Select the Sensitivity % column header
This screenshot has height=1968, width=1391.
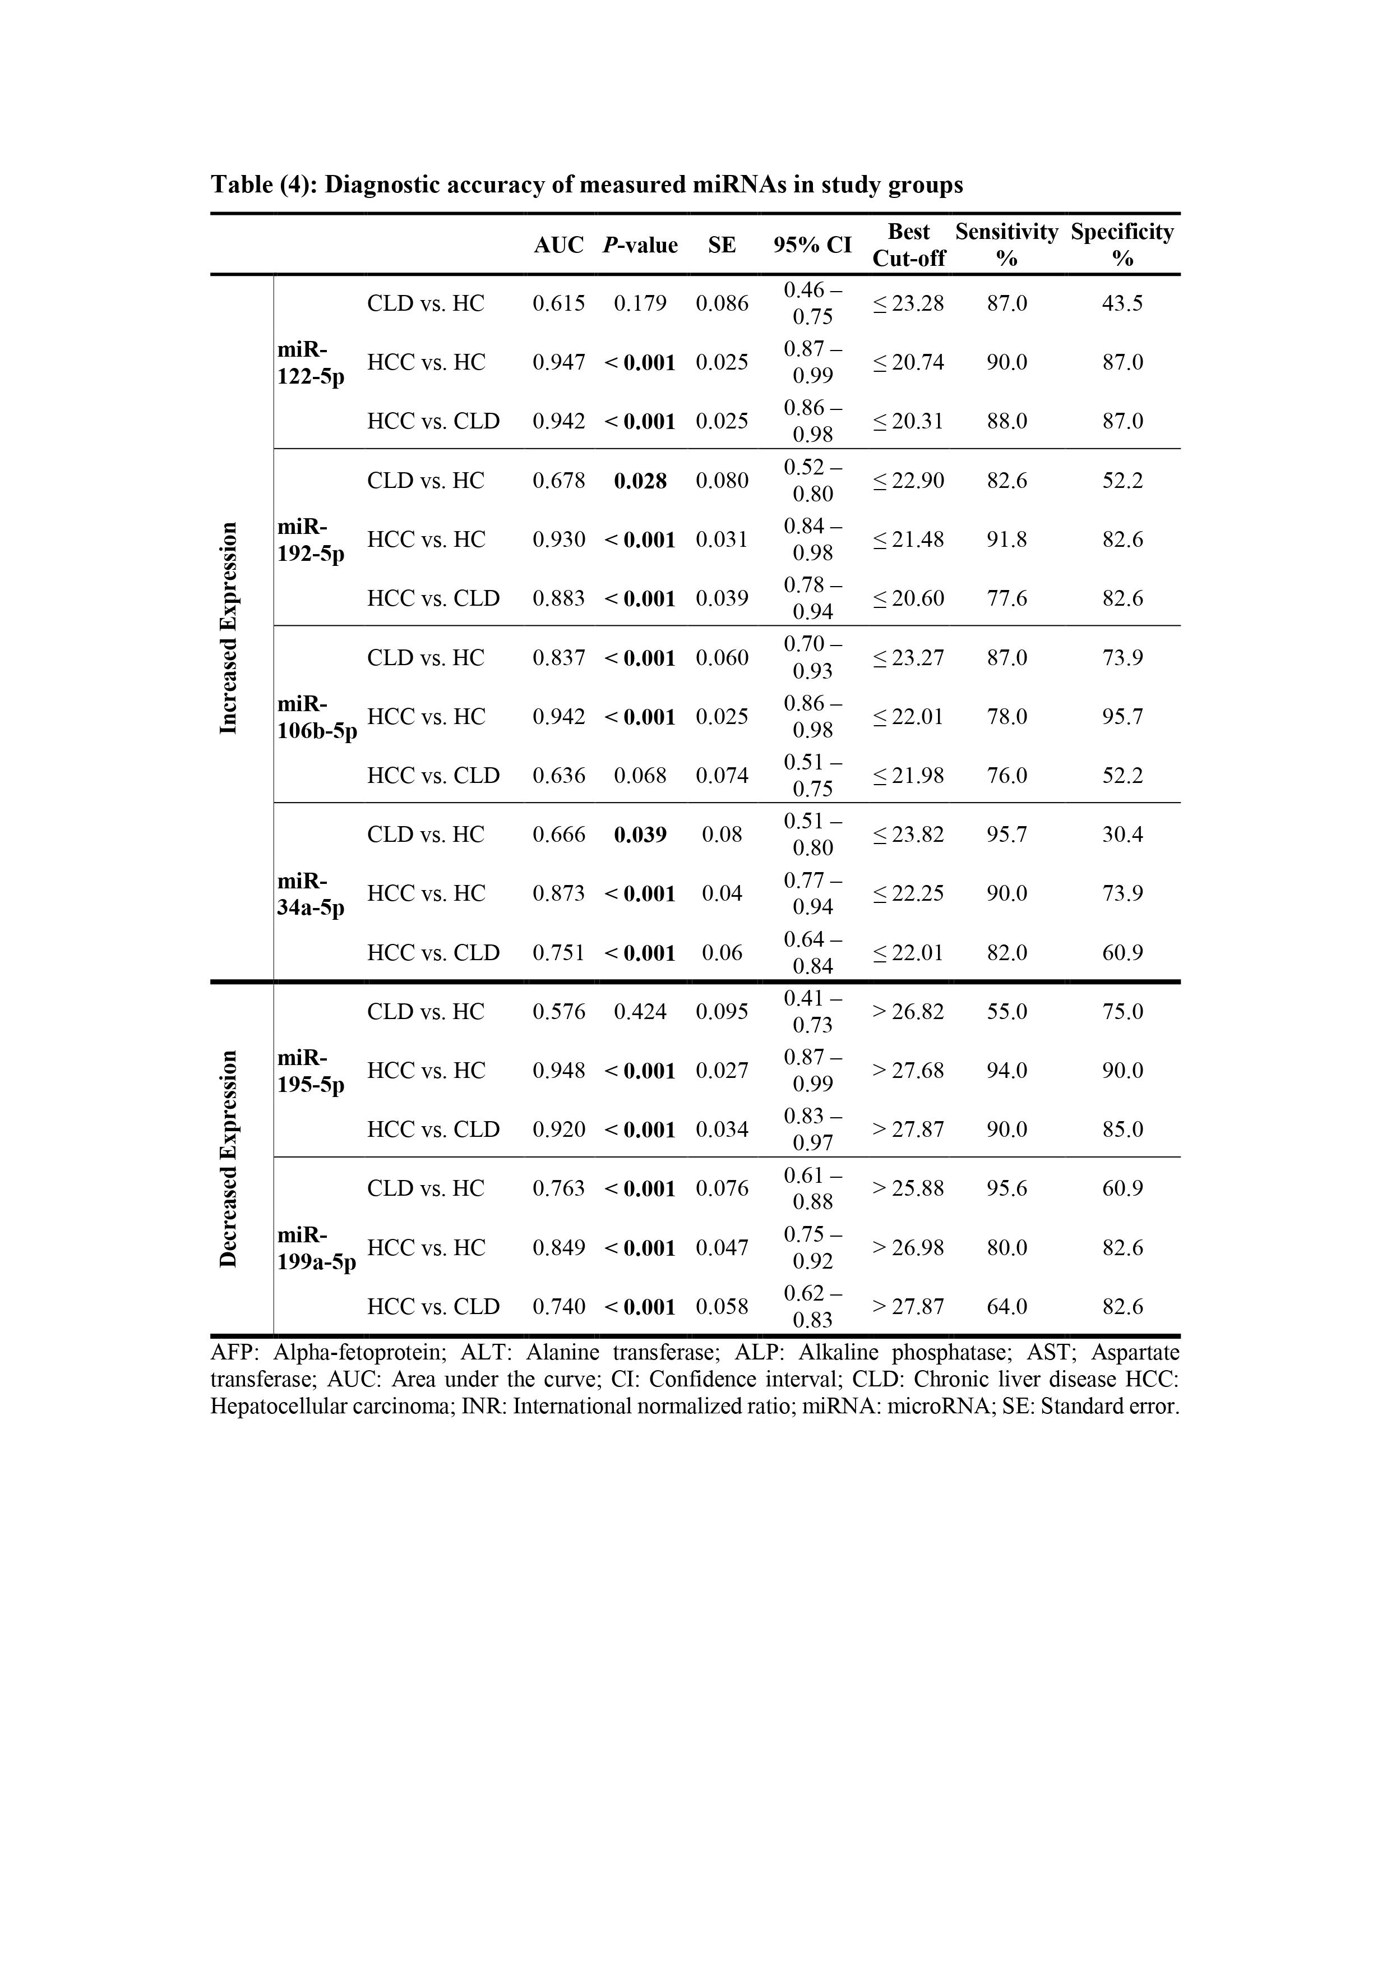(x=1006, y=245)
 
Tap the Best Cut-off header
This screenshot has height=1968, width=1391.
(x=908, y=245)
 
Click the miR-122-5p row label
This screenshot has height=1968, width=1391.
(x=310, y=362)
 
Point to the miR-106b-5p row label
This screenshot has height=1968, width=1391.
(x=316, y=717)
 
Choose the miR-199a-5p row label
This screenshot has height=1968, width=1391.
(x=316, y=1248)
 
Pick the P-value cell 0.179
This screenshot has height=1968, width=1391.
(x=640, y=303)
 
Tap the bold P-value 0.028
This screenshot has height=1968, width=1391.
(x=640, y=481)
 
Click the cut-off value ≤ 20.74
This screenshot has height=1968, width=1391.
(x=908, y=362)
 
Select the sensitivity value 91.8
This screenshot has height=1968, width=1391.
(x=1006, y=540)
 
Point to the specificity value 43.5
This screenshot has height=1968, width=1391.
(x=1122, y=303)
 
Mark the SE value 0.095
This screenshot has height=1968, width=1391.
(x=722, y=1011)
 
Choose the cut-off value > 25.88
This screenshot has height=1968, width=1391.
(x=908, y=1189)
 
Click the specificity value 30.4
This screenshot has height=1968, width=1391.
(x=1122, y=835)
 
